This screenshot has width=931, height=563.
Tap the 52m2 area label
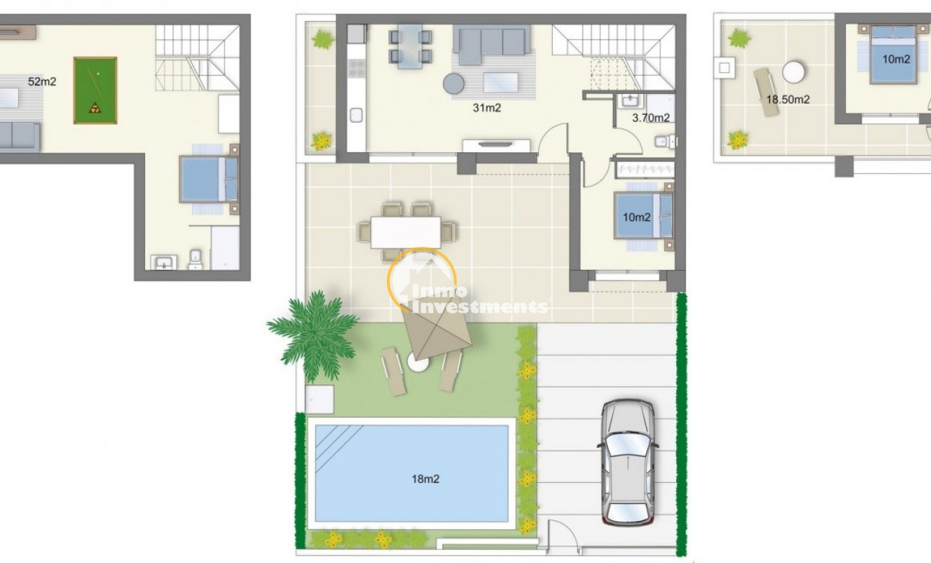click(x=42, y=82)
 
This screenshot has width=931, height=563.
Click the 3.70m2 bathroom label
click(x=651, y=118)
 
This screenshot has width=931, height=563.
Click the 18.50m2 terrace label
click(x=787, y=100)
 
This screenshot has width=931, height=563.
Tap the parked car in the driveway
click(x=627, y=462)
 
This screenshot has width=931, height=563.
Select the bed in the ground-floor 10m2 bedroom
click(x=644, y=215)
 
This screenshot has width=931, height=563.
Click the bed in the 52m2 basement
click(x=209, y=179)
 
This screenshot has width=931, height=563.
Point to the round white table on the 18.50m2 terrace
click(x=794, y=74)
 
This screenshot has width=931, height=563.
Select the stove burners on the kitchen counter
click(x=356, y=69)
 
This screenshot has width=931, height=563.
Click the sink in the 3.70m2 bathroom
click(x=626, y=100)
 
